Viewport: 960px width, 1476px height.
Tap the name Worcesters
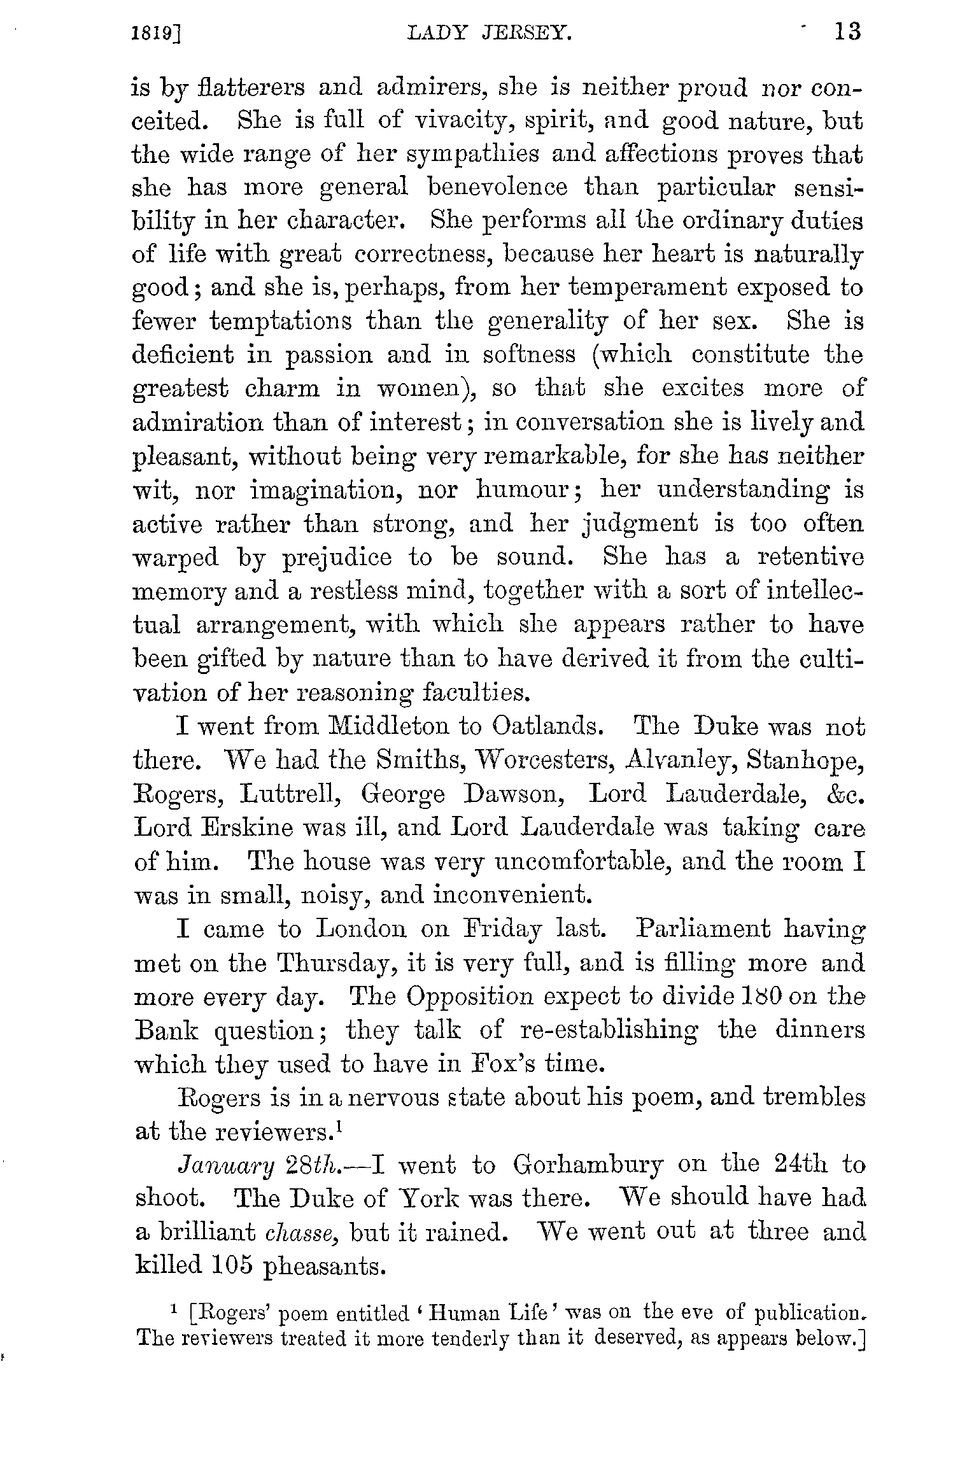click(x=545, y=759)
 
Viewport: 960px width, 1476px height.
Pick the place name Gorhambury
click(x=588, y=1165)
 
